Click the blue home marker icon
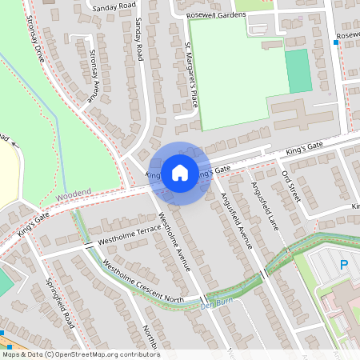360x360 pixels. pos(179,172)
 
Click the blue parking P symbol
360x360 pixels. pos(345,265)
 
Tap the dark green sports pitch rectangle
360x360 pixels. pos(297,71)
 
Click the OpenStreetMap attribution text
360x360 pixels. pos(80,354)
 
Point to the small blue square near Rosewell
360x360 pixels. pos(335,42)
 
